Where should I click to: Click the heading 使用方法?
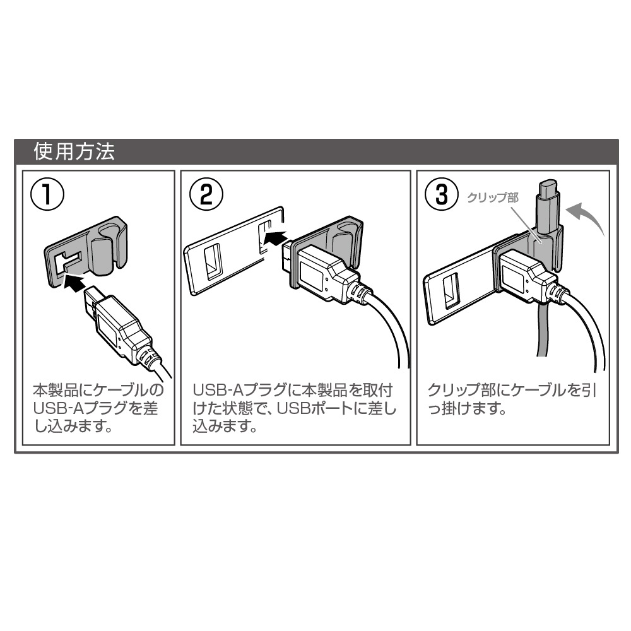(x=75, y=152)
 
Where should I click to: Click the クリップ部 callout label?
(x=492, y=198)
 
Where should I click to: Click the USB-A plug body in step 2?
(x=322, y=271)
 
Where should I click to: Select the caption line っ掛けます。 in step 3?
(x=467, y=409)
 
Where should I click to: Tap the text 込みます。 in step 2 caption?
(x=225, y=428)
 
